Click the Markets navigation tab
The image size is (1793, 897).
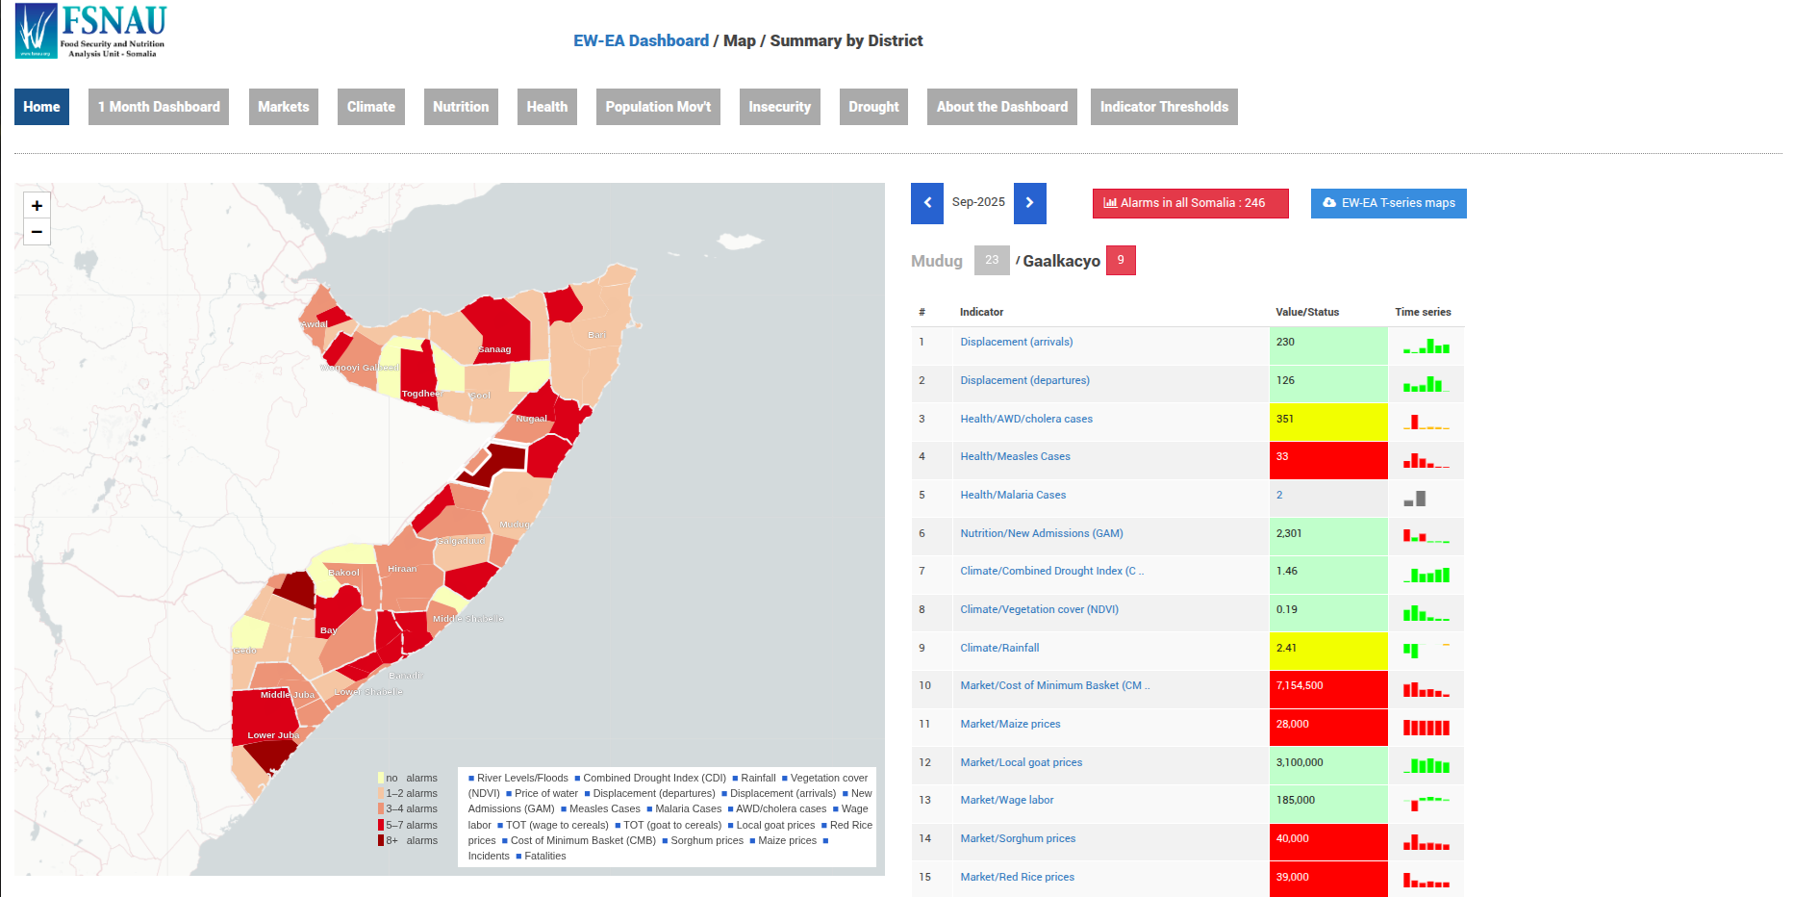coord(283,107)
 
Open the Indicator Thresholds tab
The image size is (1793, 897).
coord(1163,107)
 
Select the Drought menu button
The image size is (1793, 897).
coord(872,107)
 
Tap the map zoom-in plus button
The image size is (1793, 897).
coord(37,205)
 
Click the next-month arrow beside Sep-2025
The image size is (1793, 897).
coord(1029,203)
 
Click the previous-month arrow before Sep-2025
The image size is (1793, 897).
coord(926,203)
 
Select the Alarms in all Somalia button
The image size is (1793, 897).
coord(1189,203)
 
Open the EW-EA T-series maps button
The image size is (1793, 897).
coord(1387,203)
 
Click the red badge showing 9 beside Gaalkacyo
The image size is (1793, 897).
coord(1120,261)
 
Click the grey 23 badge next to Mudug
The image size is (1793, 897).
coord(991,261)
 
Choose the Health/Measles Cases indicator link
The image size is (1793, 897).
coord(1014,457)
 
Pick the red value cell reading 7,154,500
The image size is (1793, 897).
coord(1327,686)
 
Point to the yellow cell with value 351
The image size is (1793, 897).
coord(1327,420)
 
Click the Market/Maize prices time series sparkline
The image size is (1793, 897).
coord(1426,727)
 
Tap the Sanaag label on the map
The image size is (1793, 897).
coord(494,349)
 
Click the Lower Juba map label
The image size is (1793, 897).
coord(273,735)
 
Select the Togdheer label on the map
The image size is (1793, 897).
coord(421,394)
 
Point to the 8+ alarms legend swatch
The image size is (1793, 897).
coord(381,840)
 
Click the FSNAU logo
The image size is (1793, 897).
coord(91,31)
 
